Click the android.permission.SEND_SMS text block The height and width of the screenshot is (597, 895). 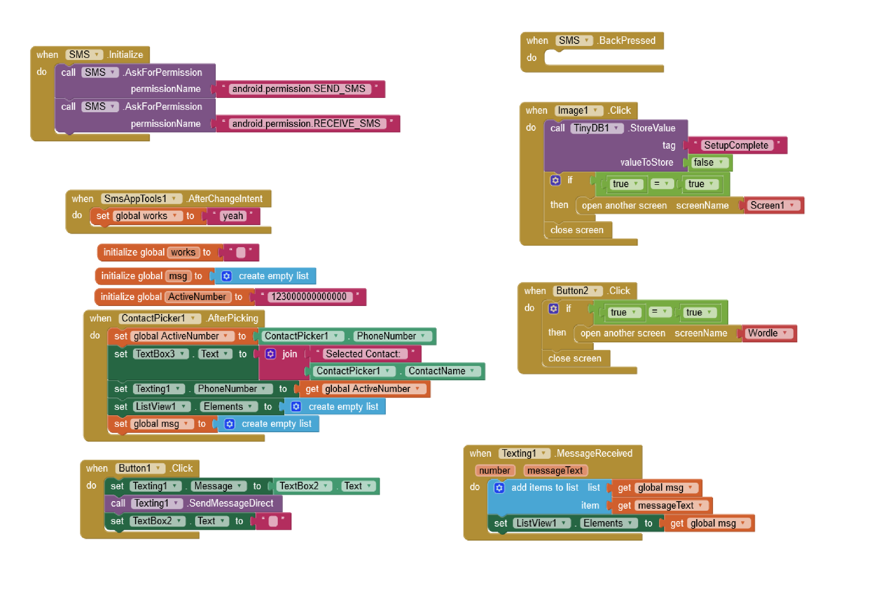299,89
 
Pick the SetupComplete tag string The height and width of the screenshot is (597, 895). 736,145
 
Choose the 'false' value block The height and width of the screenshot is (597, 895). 707,163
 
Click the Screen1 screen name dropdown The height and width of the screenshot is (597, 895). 772,206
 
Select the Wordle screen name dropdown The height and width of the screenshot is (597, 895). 768,333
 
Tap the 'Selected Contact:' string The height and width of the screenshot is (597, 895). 363,354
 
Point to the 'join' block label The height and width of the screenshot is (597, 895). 289,354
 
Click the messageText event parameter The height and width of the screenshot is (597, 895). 555,471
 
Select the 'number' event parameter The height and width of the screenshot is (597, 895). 494,471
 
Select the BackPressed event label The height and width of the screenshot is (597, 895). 627,40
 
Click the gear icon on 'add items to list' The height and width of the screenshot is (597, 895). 499,488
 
